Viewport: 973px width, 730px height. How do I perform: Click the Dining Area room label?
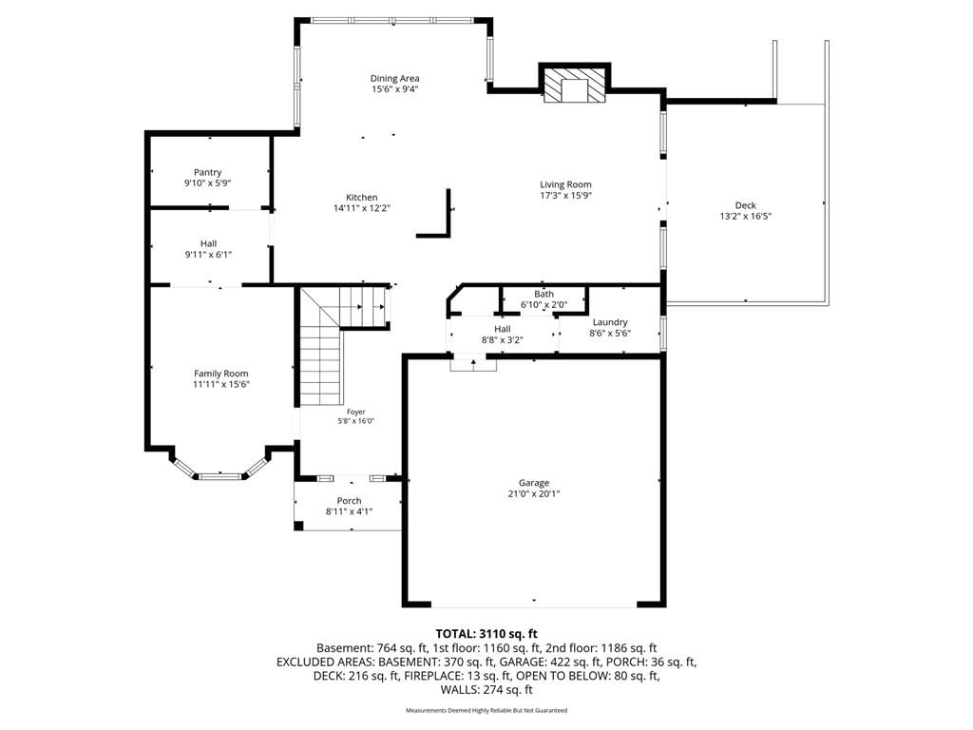pos(394,78)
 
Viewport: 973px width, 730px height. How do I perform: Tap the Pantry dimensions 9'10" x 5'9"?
pos(208,183)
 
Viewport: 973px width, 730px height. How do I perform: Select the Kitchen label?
pos(362,198)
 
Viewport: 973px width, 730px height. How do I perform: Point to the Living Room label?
pos(565,184)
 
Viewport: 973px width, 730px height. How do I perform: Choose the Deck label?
pos(745,205)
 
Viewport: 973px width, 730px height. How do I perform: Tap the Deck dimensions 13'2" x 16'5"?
pos(745,217)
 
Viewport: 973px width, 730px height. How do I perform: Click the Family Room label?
pos(220,374)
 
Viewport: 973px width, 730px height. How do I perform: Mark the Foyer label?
pos(356,413)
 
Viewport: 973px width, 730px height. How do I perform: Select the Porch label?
pos(350,501)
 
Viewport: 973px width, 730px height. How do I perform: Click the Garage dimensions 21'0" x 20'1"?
pos(534,494)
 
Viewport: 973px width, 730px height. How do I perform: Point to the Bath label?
pos(544,295)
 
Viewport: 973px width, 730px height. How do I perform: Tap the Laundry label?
pos(610,322)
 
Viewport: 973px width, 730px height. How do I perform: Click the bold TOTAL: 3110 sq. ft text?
pos(486,634)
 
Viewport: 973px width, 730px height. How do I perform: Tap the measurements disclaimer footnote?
pos(486,710)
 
